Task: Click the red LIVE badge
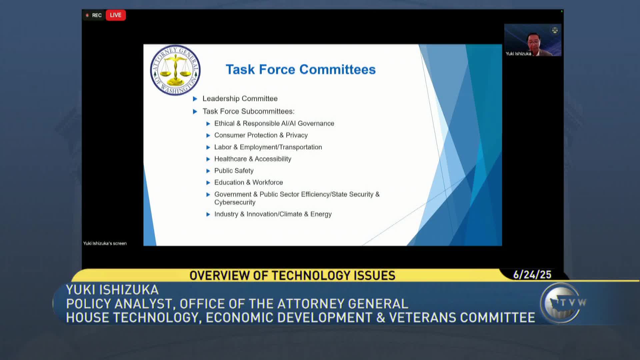(116, 15)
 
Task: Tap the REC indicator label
(97, 15)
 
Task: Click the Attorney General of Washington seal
(175, 70)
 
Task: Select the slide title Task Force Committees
(301, 69)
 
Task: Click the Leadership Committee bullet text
(240, 99)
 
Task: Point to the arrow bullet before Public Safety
(208, 171)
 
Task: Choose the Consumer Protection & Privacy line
(261, 135)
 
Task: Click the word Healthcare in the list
(231, 159)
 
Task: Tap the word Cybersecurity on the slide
(235, 202)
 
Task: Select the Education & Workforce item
(249, 182)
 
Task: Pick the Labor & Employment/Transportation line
(268, 147)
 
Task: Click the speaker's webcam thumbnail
(533, 40)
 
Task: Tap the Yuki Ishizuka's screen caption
(105, 243)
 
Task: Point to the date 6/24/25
(532, 275)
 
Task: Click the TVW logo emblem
(561, 303)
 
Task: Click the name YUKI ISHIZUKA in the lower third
(112, 290)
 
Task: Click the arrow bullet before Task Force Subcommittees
(195, 112)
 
